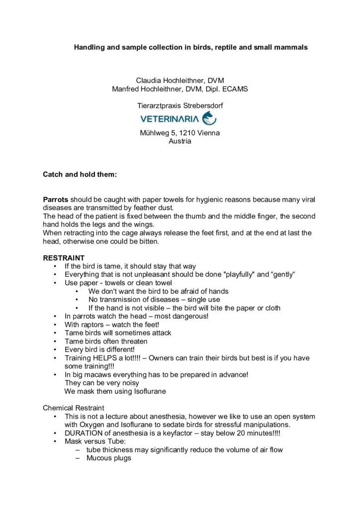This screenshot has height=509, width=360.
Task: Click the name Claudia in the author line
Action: click(150, 80)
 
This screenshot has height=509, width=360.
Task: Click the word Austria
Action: click(180, 141)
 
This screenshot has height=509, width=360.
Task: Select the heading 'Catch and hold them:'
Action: click(80, 175)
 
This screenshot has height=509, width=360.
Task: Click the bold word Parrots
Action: click(56, 199)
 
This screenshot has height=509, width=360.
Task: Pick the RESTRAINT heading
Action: click(64, 258)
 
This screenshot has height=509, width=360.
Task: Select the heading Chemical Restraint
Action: click(74, 408)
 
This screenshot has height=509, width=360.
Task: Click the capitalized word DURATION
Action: click(86, 433)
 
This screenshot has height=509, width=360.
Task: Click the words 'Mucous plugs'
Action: click(108, 458)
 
